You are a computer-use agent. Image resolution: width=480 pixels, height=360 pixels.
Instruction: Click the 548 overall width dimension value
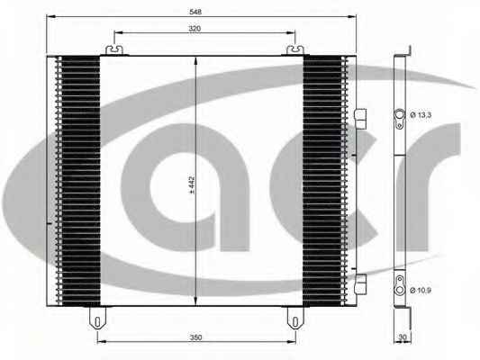coord(195,12)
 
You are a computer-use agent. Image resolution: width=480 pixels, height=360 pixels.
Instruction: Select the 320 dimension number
coord(195,29)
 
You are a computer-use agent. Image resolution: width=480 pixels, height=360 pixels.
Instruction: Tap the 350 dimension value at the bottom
coord(196,337)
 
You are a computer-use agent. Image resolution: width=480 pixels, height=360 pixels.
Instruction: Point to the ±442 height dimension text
coord(192,185)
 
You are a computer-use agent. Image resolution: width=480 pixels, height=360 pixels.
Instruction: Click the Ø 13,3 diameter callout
coord(421,115)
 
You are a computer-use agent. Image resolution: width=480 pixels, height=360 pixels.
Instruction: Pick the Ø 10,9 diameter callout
coord(421,290)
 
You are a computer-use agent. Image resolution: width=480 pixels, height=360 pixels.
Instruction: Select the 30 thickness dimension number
coord(403,337)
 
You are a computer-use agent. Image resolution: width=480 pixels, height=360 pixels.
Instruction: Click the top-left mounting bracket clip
coord(114,49)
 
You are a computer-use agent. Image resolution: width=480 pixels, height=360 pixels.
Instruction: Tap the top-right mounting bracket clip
coord(295,49)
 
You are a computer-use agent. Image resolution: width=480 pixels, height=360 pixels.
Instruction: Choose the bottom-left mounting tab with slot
coord(97,318)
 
